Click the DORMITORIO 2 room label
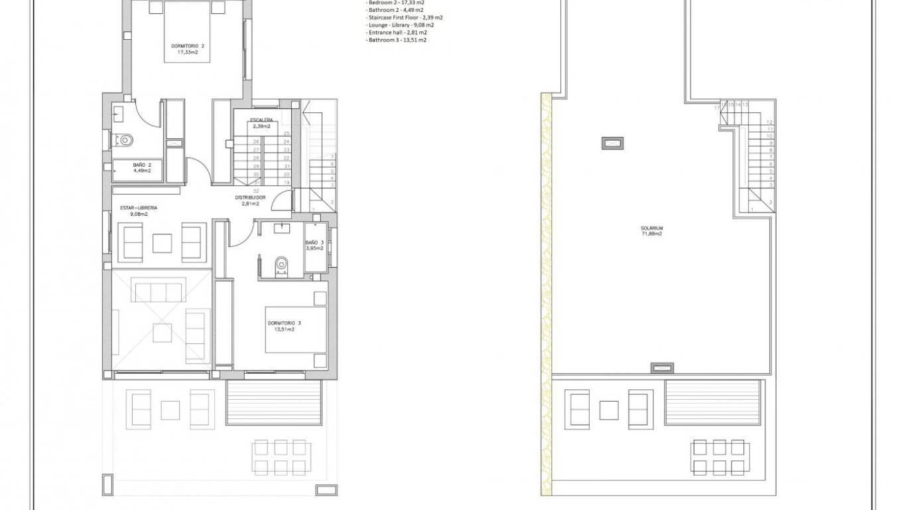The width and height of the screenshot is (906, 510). (x=188, y=46)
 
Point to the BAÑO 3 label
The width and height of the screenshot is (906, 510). (x=314, y=243)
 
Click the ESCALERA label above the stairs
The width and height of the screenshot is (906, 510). (x=261, y=120)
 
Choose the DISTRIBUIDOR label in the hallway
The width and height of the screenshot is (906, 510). (x=250, y=198)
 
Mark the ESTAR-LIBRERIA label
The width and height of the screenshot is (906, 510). (x=139, y=207)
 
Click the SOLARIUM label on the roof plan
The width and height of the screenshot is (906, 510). (x=652, y=228)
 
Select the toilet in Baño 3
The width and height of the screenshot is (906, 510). (x=282, y=266)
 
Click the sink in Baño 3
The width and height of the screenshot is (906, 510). (x=282, y=228)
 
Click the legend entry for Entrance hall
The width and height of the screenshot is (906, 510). (x=397, y=33)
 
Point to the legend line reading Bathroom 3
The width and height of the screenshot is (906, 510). (x=397, y=40)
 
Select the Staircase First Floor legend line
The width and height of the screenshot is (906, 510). (x=405, y=18)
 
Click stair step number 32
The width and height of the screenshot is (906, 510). (x=256, y=191)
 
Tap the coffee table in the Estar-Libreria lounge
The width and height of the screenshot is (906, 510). (x=162, y=243)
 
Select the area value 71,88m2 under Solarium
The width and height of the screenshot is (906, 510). (x=652, y=234)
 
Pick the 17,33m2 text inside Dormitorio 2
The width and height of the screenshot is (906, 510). (x=188, y=52)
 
